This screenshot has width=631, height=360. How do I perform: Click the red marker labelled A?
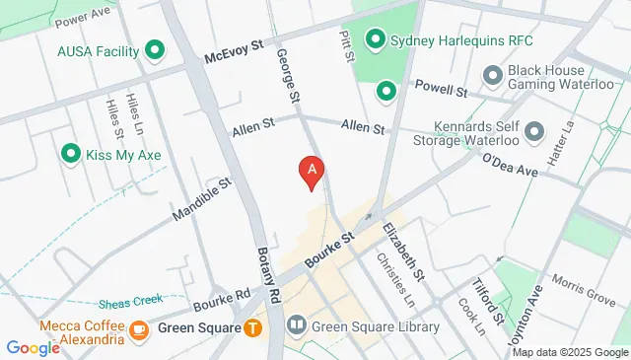(313, 172)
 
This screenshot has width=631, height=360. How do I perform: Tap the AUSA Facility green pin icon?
(154, 49)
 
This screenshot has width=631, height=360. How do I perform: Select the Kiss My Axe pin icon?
(70, 154)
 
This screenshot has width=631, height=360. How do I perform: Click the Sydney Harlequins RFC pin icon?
(375, 40)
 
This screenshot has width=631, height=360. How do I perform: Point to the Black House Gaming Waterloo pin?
(492, 75)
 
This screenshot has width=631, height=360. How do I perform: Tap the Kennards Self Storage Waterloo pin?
(534, 131)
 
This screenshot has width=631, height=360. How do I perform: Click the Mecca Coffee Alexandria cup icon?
(138, 329)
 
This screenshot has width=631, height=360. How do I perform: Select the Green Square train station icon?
(253, 328)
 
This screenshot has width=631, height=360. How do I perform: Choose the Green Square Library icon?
(297, 324)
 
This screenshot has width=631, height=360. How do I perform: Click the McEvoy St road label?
(234, 49)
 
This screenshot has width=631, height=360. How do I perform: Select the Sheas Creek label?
(129, 302)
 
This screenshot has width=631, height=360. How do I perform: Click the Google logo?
(33, 348)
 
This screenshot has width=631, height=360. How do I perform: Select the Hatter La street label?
(566, 133)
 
